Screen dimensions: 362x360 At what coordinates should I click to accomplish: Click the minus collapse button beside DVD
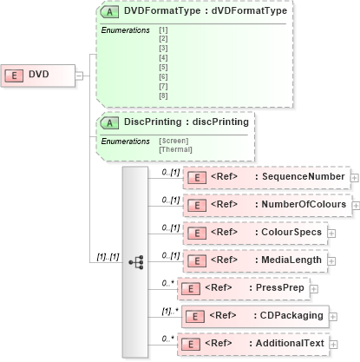click(x=79, y=75)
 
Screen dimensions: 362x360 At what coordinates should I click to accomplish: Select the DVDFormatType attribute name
click(x=163, y=12)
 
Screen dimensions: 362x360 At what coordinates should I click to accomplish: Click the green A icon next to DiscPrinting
click(x=111, y=122)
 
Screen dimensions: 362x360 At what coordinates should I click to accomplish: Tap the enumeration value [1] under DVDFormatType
click(x=163, y=30)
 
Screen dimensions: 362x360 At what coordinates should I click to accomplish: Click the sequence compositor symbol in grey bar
click(x=135, y=260)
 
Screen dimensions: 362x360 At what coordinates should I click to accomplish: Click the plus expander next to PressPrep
click(x=313, y=287)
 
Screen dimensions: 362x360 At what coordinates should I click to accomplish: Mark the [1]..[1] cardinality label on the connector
click(x=108, y=256)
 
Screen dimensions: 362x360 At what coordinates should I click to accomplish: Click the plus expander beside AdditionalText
click(x=341, y=343)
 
